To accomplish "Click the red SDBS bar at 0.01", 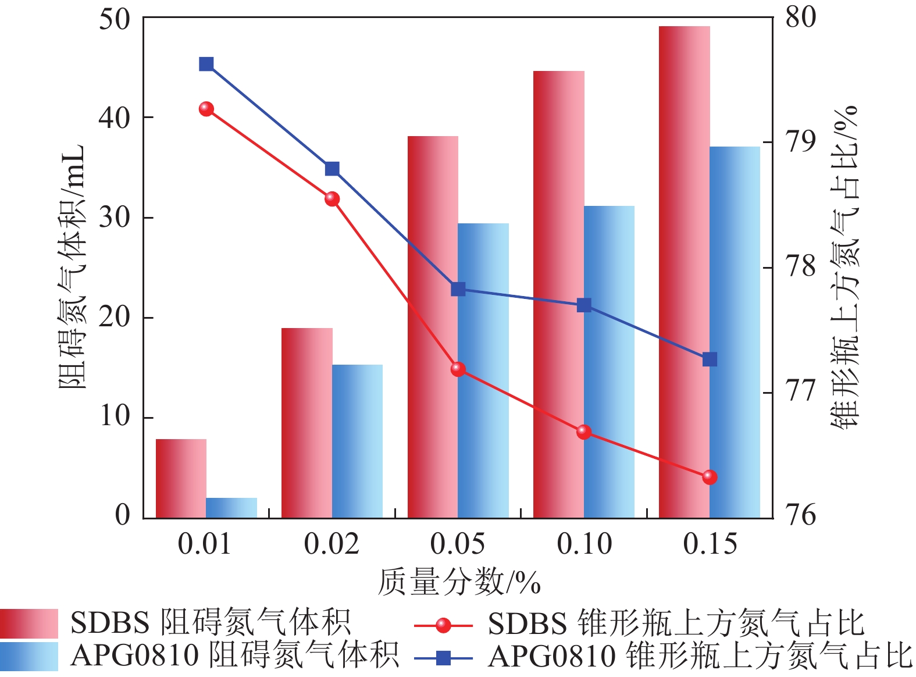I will click(181, 478).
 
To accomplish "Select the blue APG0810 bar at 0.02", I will click(357, 441).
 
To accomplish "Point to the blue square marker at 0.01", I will click(206, 64).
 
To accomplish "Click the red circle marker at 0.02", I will click(332, 199).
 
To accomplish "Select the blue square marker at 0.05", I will click(458, 289).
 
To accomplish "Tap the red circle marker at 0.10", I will click(584, 432).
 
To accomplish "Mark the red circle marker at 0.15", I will click(710, 477).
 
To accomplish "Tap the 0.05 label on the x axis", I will click(457, 544).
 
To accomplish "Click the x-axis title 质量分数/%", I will click(459, 582).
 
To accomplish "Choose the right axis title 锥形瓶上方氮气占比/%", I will click(844, 268).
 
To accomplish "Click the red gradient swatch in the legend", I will click(29, 623).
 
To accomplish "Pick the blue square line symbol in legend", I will click(443, 658).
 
